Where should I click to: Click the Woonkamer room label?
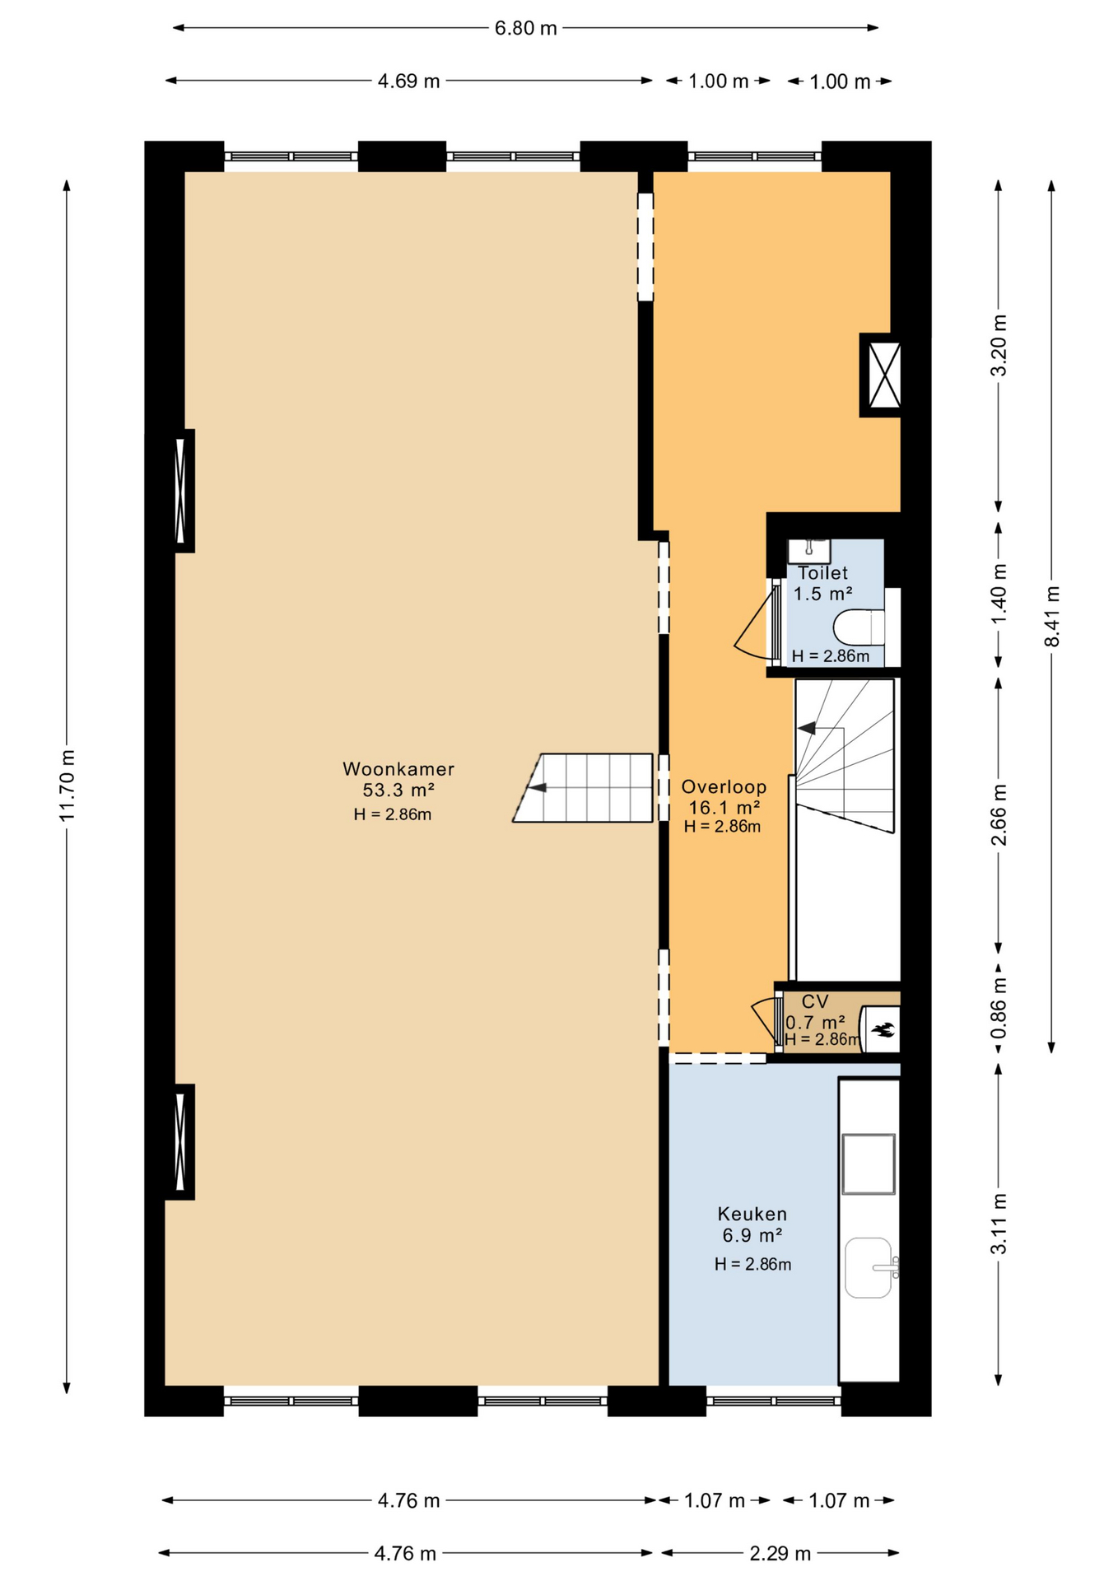[x=398, y=769]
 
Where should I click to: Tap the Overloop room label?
[x=724, y=787]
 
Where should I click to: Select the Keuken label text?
[x=752, y=1214]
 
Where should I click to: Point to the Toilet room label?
[x=822, y=573]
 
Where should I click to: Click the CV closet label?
[x=815, y=1001]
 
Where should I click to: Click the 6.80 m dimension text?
[x=526, y=29]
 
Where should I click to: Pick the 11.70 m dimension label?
[x=67, y=785]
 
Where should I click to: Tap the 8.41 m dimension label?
[x=1052, y=616]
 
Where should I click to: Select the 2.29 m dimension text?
[x=780, y=1553]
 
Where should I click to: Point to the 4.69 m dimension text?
[x=409, y=81]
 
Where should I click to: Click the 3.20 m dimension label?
[x=999, y=346]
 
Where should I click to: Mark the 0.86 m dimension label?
[x=999, y=1009]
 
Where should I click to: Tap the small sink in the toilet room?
[x=809, y=551]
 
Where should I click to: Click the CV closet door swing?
[x=762, y=1019]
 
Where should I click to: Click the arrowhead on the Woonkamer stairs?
[x=538, y=788]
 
